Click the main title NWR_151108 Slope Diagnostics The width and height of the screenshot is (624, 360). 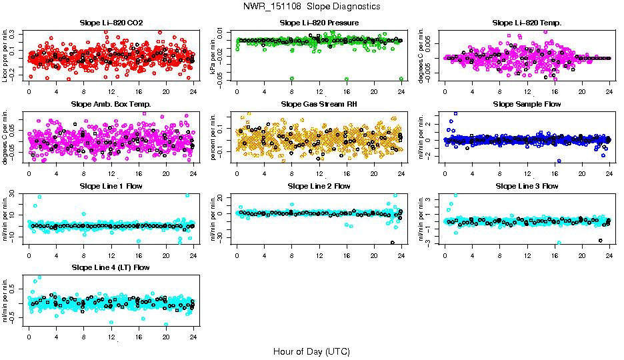coord(312,6)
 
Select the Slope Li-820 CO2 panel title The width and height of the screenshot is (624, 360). coord(111,23)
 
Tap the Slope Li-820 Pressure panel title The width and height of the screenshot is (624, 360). coord(319,23)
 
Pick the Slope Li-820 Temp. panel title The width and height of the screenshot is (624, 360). coord(527,23)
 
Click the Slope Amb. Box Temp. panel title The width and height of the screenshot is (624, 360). coord(111,104)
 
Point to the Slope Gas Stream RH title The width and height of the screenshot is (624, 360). coord(319,104)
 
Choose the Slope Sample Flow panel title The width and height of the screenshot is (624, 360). coord(527,104)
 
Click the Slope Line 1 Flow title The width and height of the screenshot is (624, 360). coord(111,186)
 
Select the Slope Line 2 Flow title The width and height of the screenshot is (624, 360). coord(319,186)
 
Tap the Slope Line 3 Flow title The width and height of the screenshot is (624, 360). coord(527,186)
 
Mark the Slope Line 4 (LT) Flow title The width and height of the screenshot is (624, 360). coord(111,267)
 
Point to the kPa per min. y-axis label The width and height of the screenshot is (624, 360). coord(213,55)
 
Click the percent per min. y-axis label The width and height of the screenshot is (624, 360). coord(213,137)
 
